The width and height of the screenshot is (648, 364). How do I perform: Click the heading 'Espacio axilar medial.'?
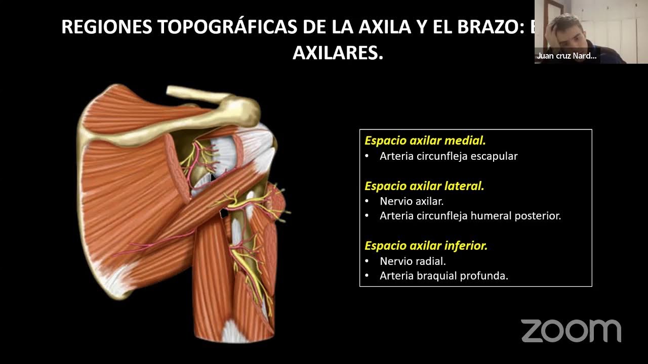pyautogui.click(x=425, y=141)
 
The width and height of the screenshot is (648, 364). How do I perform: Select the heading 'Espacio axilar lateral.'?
pyautogui.click(x=424, y=186)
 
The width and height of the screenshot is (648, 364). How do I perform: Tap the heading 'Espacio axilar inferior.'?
pyautogui.click(x=426, y=246)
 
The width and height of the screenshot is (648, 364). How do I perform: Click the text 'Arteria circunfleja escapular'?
pyautogui.click(x=448, y=156)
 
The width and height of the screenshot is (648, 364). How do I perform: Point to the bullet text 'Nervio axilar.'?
pyautogui.click(x=411, y=201)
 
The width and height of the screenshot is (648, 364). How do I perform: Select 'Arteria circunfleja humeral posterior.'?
pyautogui.click(x=470, y=216)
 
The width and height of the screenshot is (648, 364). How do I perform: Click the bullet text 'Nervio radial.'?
pyautogui.click(x=412, y=261)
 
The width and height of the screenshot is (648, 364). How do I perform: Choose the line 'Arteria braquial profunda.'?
pyautogui.click(x=443, y=276)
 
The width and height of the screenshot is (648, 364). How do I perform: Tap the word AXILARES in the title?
pyautogui.click(x=338, y=53)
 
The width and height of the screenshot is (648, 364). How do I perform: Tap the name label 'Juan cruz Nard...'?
pyautogui.click(x=566, y=56)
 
